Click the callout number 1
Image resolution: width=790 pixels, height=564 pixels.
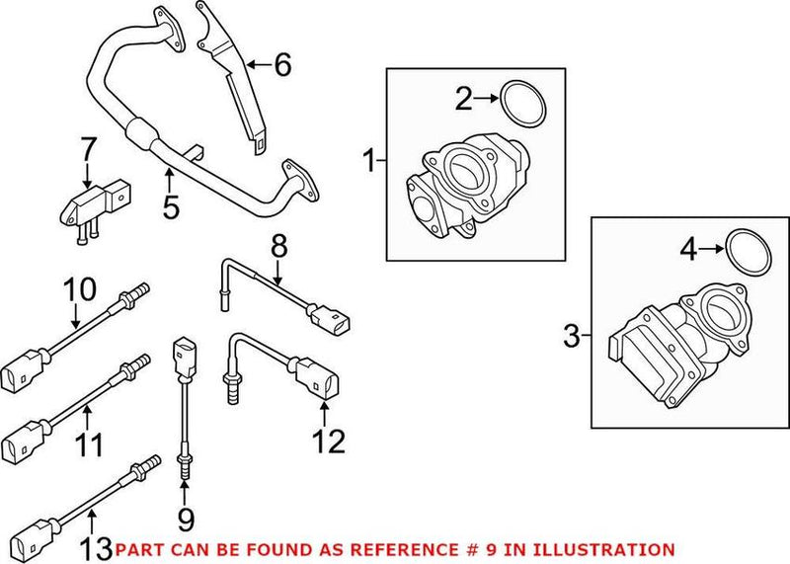[x=370, y=158]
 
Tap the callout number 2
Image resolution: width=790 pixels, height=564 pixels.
[x=464, y=98]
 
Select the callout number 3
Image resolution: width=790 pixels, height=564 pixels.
[x=572, y=337]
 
